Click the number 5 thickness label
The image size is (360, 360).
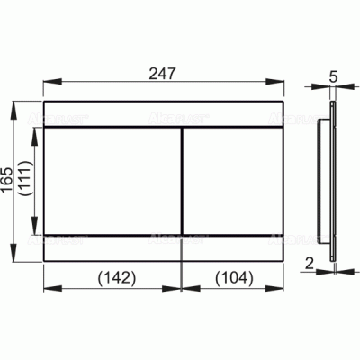(334, 77)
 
